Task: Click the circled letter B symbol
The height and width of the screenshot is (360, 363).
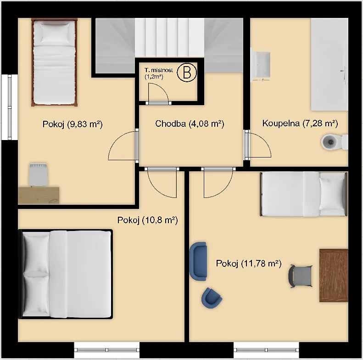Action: pos(187,72)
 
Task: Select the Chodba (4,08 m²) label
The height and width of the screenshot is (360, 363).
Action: pos(190,124)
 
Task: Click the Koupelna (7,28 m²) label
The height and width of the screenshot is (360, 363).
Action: pos(300,123)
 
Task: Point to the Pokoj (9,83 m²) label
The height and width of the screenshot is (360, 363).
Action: pos(73,124)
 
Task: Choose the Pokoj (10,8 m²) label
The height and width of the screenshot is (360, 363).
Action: pos(147,220)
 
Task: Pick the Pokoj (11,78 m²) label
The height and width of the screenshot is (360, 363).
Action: pos(249,264)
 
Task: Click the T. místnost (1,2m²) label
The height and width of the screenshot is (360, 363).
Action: pos(159,73)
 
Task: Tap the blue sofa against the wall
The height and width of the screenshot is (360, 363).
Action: pos(198,261)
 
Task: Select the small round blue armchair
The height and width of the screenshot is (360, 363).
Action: pos(212,298)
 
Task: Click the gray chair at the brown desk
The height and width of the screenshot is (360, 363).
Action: pos(301,276)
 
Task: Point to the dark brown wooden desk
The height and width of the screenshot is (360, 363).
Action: pos(334,276)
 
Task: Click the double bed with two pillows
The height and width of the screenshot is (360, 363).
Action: pos(66,274)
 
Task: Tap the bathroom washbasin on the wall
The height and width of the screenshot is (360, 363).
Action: pos(261,64)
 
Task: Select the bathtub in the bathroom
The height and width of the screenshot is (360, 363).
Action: pos(329,64)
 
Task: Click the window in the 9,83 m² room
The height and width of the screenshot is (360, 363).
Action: pos(10,107)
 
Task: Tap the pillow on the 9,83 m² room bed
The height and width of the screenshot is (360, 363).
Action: pos(55,34)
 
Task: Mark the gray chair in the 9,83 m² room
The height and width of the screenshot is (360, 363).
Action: pos(38,174)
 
